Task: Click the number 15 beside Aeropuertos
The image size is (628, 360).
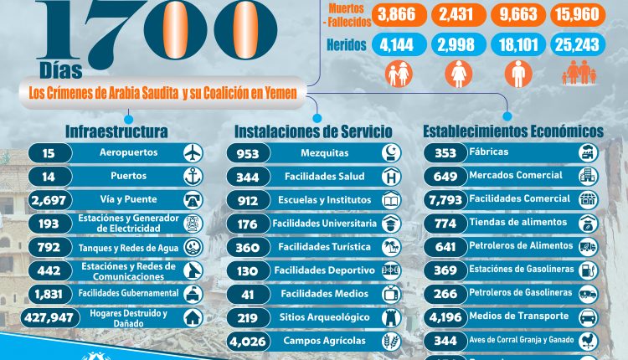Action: click(x=48, y=153)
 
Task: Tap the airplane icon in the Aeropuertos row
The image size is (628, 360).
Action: click(x=193, y=153)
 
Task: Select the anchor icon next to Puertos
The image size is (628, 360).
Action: click(x=193, y=177)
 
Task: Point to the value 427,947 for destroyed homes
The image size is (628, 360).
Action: click(x=54, y=317)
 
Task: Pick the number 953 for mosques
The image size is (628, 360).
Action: click(x=247, y=153)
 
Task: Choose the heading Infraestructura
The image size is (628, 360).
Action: click(x=116, y=131)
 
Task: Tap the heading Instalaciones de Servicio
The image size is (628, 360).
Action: click(x=313, y=131)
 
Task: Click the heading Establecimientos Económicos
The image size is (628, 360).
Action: click(x=512, y=131)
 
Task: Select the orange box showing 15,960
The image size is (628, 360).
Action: click(x=577, y=14)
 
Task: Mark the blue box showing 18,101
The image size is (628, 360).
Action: click(x=519, y=44)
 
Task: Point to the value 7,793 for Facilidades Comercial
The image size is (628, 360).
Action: click(x=445, y=200)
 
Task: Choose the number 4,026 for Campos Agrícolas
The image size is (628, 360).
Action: click(x=247, y=341)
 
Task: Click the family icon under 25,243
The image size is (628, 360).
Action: click(x=577, y=74)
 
